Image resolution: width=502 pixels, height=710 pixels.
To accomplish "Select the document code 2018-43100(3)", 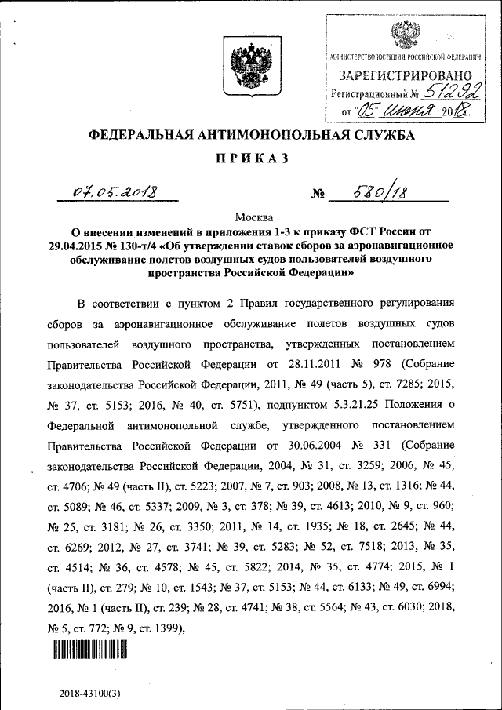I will pos(89,694).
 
